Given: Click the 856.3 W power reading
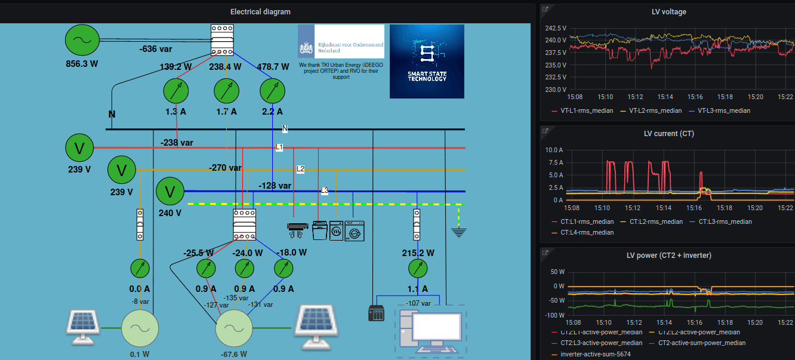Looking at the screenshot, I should point(81,63).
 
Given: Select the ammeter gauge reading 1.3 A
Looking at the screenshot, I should point(176,91).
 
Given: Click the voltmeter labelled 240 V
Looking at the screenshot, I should point(170,192).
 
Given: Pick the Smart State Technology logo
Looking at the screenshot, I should point(427,61).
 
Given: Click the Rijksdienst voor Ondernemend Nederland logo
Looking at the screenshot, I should point(341,41).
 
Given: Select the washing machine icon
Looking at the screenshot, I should point(355,232).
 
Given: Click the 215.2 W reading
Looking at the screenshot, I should point(418,253).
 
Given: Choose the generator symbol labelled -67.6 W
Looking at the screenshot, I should point(234,328).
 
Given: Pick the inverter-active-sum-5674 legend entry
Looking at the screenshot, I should point(596,354).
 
